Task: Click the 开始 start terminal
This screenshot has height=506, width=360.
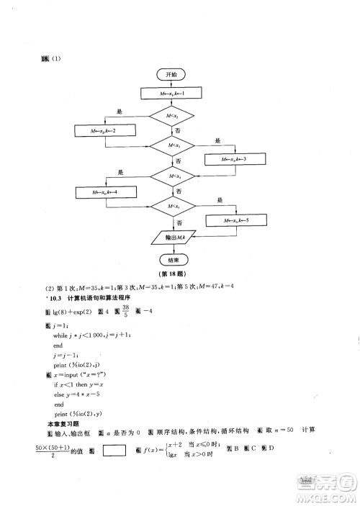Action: (x=171, y=74)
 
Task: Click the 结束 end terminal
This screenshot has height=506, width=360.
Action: (x=171, y=259)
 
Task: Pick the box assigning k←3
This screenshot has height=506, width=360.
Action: (x=234, y=159)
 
